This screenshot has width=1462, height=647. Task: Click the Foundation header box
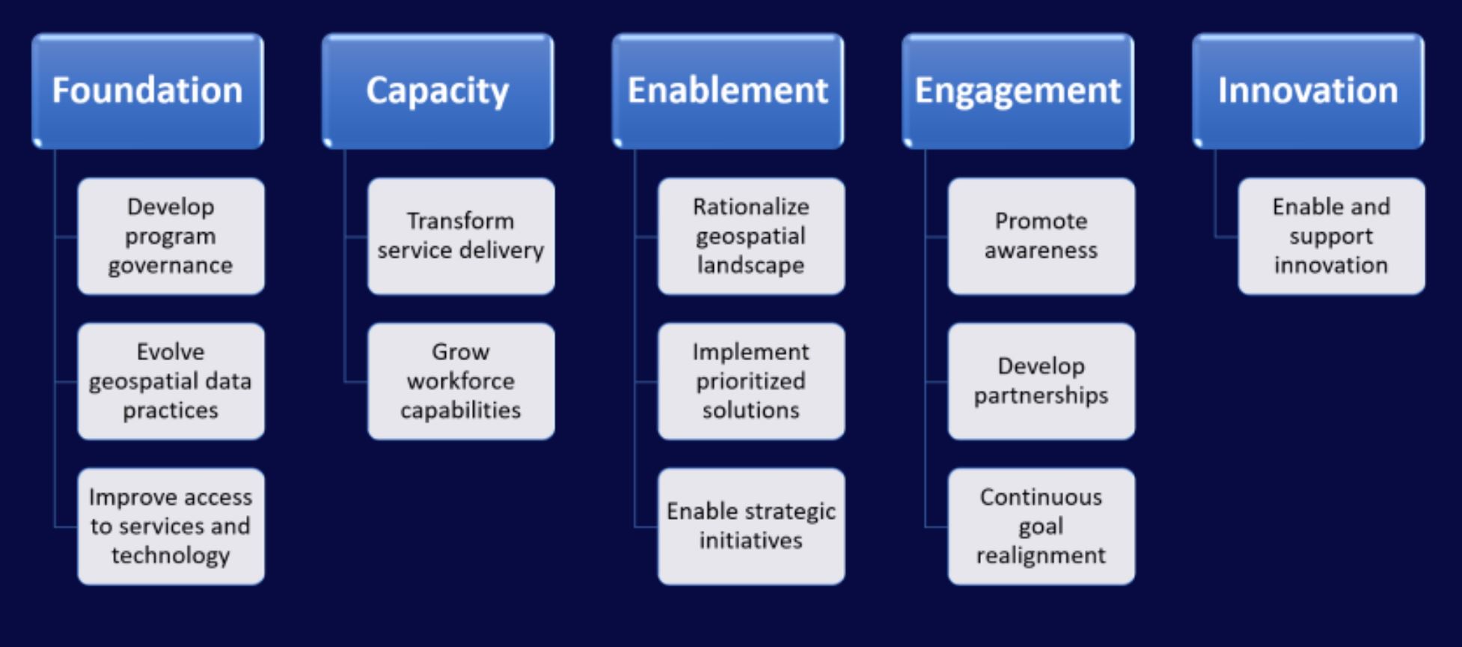coord(147,91)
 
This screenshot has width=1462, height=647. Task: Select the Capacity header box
coord(438,91)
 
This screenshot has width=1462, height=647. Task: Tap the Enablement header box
coord(728,91)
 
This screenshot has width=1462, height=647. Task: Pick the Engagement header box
coord(1018,91)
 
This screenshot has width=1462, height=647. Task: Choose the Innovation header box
coord(1309,91)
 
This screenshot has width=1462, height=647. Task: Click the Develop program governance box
coord(171,236)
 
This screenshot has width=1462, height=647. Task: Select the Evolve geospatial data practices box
coord(171,381)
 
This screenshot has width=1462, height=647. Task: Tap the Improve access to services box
coord(171,526)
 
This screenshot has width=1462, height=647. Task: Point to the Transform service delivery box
coord(461,236)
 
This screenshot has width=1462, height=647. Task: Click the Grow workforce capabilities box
coord(461,381)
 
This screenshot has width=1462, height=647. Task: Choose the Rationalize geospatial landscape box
coord(751,236)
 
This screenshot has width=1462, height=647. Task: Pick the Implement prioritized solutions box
coord(751,381)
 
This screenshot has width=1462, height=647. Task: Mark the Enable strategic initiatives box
coord(751,526)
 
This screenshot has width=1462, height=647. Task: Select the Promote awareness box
coord(1042,236)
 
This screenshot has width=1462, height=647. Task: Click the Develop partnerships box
coord(1042,381)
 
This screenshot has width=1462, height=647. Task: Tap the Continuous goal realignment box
coord(1042,526)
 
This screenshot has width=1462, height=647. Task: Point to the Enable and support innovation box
coord(1332,236)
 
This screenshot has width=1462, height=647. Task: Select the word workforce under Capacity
coord(461,381)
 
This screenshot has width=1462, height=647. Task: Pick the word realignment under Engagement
coord(1042,556)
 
